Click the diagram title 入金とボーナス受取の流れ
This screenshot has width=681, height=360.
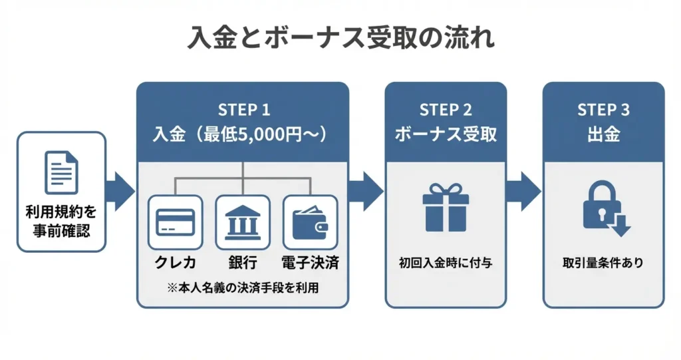pos(340,37)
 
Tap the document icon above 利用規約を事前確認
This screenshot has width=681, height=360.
pos(61,171)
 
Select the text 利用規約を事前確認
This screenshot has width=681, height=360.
pos(61,222)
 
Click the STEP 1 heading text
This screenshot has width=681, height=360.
pos(243,110)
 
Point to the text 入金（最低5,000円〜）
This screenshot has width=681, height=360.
pos(243,134)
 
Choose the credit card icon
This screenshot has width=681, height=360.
pos(176,222)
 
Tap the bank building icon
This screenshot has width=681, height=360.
pos(243,222)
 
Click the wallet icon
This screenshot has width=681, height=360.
pos(310,222)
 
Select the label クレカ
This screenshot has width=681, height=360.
pos(176,262)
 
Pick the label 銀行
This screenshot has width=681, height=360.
pos(243,262)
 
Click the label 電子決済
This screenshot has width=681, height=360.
pos(310,262)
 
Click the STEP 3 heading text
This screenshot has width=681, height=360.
pos(603,110)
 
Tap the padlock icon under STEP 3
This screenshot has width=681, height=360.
pos(604,208)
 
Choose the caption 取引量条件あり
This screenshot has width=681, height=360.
pos(603,263)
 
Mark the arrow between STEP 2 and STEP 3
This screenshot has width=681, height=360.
pos(524,192)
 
